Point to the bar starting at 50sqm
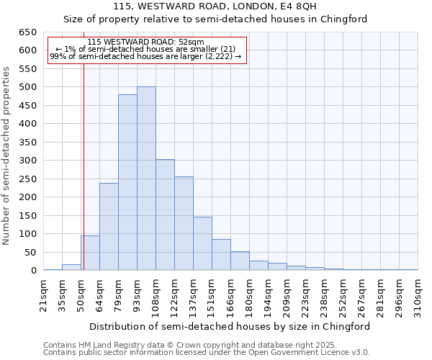[x=90, y=253]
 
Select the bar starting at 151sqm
[x=221, y=255]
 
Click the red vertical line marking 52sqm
[x=84, y=180]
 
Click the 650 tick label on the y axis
[x=27, y=32]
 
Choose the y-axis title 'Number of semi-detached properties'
[x=7, y=156]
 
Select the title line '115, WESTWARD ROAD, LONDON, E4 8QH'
[x=215, y=6]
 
